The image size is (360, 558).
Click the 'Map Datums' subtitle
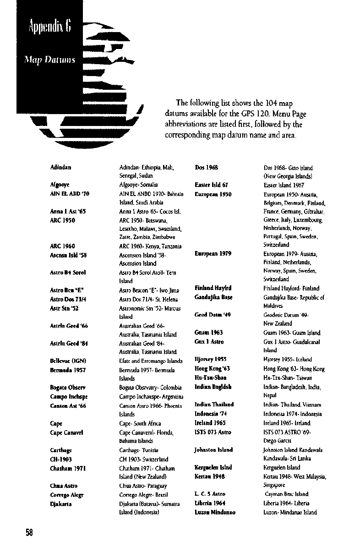(x=50, y=60)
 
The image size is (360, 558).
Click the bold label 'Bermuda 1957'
(x=68, y=370)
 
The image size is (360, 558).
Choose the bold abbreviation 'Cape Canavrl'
(x=66, y=432)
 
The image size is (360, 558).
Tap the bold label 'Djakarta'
(x=60, y=504)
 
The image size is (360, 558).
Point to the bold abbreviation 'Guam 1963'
(x=209, y=333)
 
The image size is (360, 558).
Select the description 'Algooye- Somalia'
(x=138, y=185)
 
